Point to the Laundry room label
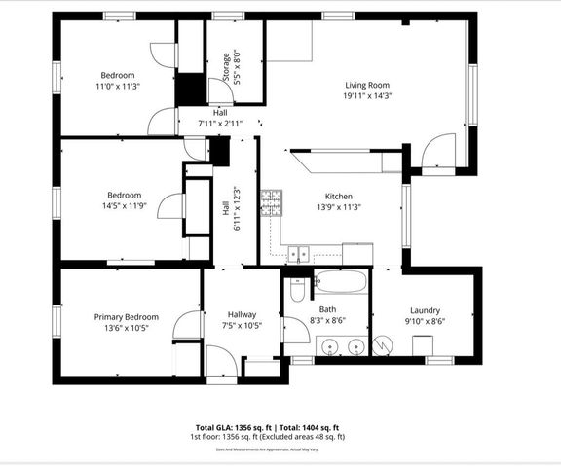point(425,310)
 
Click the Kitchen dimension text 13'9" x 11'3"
point(337,206)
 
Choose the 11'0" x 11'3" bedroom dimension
point(118,87)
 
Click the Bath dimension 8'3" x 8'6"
point(326,320)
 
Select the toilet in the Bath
point(297,289)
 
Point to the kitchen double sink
point(298,254)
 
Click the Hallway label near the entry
point(242,314)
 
